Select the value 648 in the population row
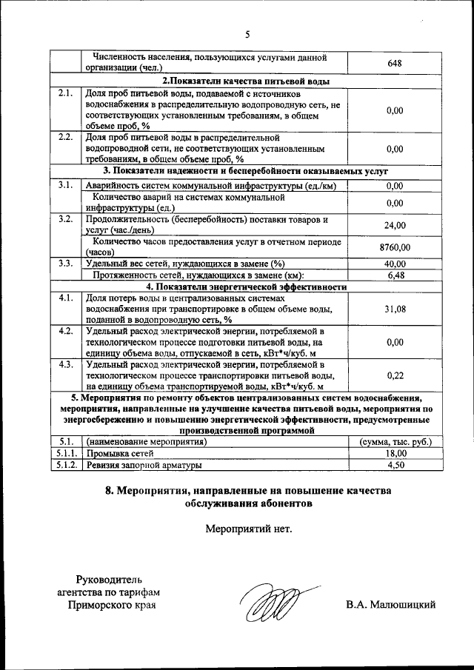394,63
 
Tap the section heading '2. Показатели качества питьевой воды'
245,81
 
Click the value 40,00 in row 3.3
394,264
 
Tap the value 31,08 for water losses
394,309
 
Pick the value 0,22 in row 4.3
394,375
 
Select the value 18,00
394,454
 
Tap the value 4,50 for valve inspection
394,466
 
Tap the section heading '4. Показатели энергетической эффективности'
245,287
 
